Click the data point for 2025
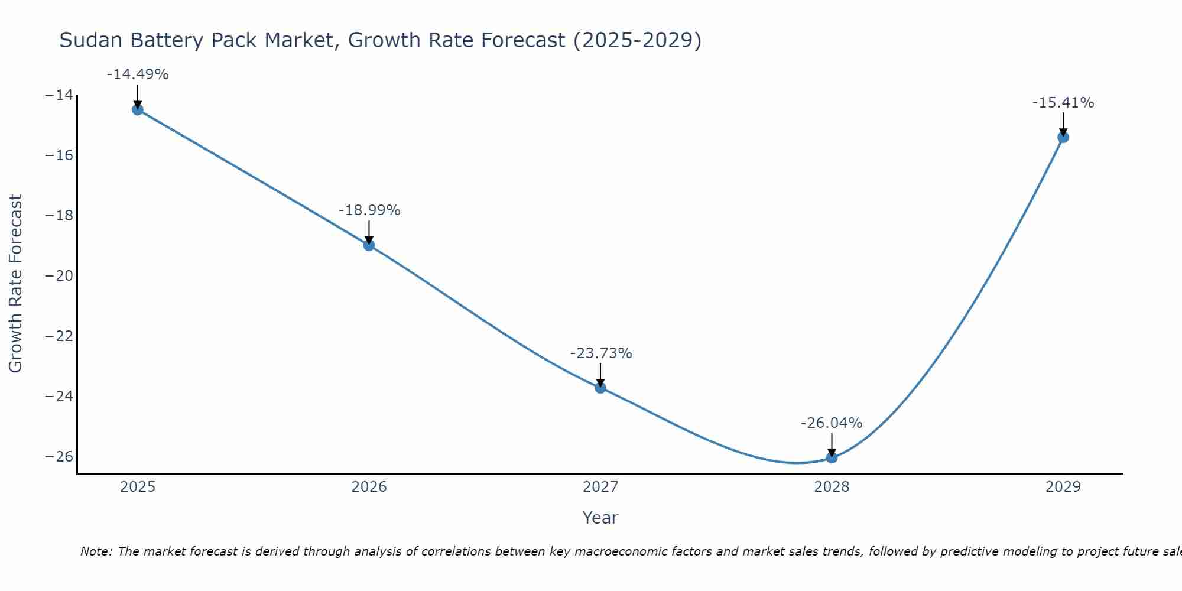138,109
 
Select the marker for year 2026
369,245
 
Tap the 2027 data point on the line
600,388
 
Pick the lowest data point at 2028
832,457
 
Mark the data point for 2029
1063,137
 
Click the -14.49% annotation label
138,74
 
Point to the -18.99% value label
369,210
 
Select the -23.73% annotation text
601,353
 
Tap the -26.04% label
832,423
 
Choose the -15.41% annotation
1063,103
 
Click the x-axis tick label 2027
600,487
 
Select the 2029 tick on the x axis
1063,487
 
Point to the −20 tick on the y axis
59,276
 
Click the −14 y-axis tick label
59,95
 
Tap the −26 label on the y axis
59,457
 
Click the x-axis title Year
600,518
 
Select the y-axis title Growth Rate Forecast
15,283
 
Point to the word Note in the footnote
96,551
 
